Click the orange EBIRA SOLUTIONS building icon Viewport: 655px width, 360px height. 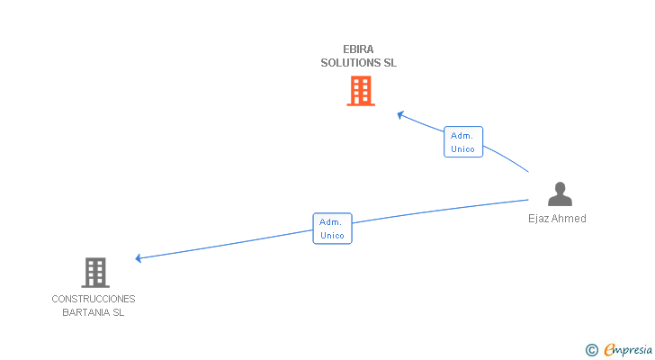coord(361,91)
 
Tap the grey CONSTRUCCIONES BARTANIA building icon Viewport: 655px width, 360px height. coord(95,272)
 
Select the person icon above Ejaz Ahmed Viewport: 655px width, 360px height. coord(560,194)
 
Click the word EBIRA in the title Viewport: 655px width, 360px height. coord(358,49)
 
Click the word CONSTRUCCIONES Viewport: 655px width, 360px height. coord(94,299)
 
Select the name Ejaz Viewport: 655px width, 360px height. coord(539,219)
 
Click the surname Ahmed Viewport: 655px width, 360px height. coord(570,219)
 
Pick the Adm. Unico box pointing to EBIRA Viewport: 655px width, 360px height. coord(463,142)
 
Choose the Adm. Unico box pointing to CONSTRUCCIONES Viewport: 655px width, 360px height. coord(332,229)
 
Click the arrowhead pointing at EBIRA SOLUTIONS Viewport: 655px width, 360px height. coord(401,114)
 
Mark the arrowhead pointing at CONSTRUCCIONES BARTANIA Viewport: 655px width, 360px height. coord(139,258)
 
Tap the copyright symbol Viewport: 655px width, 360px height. coord(591,350)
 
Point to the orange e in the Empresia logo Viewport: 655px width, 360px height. coord(610,350)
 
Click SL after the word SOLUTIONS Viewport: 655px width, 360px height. coord(390,63)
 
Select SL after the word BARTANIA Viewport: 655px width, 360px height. coord(118,313)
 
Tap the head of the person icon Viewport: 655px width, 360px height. coord(560,188)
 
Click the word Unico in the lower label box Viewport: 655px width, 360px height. coord(332,236)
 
